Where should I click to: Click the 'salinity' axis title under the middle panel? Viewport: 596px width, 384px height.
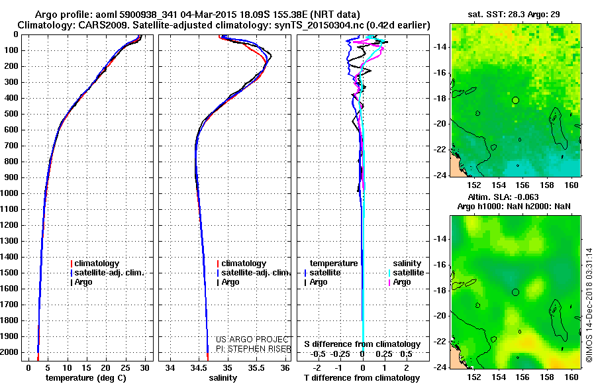coord(223,378)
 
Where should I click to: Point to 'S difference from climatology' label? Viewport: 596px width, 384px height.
coord(362,344)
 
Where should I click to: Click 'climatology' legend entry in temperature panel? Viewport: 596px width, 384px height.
coord(97,264)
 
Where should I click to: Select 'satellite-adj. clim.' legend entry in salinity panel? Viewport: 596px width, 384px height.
coord(254,273)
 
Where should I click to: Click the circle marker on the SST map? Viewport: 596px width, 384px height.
coord(515,100)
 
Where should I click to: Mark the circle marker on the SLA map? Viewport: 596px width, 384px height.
coord(515,292)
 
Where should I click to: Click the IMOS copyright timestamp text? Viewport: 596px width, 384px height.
coord(589,305)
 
